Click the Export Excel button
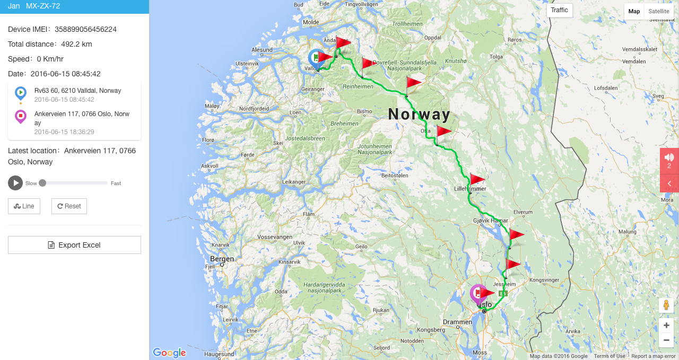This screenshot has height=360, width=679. (x=74, y=245)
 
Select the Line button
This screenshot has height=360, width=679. (x=24, y=206)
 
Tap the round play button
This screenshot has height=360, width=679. (x=15, y=183)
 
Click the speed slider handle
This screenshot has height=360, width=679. (x=42, y=183)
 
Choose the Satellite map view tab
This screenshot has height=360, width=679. (x=658, y=11)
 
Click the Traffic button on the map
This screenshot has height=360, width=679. (x=559, y=10)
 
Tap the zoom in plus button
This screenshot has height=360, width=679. (x=666, y=325)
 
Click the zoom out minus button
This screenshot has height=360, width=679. (x=666, y=340)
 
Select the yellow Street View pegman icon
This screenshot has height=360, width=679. (x=666, y=305)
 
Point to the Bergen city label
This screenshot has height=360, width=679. (x=222, y=259)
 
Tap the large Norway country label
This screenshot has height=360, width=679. (x=419, y=114)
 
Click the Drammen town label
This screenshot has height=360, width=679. (x=457, y=322)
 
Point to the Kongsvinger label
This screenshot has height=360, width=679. (x=544, y=279)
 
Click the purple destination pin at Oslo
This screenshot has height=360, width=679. (x=477, y=293)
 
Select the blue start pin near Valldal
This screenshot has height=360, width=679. (x=316, y=58)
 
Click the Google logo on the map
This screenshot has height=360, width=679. (x=169, y=353)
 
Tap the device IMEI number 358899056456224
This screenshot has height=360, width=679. (x=85, y=29)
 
